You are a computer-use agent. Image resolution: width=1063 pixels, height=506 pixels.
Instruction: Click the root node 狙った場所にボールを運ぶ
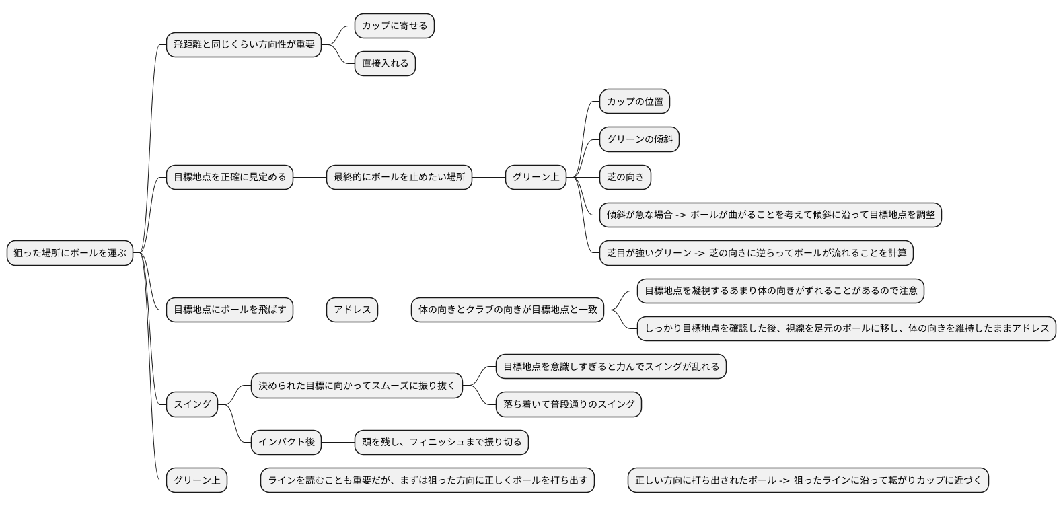(x=70, y=253)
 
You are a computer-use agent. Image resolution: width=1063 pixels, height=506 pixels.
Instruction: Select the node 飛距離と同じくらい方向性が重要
(x=244, y=44)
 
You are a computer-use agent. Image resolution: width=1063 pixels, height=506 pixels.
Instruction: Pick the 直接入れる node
(x=385, y=63)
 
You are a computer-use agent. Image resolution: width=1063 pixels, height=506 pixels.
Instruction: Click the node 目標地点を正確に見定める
(x=229, y=177)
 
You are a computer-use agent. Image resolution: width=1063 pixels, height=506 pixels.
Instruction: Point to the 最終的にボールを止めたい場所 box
(x=399, y=177)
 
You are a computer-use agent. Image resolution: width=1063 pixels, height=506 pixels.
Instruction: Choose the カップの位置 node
(x=634, y=102)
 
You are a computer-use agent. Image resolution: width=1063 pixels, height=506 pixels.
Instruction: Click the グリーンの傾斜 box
(x=639, y=139)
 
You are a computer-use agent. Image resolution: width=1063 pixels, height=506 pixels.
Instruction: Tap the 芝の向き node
(x=625, y=177)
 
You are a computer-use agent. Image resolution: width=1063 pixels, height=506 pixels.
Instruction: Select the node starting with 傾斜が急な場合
(x=770, y=215)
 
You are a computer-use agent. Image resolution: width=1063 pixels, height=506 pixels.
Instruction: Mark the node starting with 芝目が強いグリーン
(x=756, y=253)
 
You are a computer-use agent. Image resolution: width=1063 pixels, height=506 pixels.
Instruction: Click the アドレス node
(x=352, y=310)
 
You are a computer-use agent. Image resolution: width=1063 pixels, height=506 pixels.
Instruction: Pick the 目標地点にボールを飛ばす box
(x=229, y=310)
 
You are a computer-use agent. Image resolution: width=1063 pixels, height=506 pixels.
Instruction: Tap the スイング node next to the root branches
(x=192, y=404)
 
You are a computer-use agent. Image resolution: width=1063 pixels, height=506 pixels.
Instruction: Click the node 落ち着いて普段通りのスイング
(x=569, y=404)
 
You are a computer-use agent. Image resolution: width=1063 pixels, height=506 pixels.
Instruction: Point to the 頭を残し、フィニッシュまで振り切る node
(x=441, y=442)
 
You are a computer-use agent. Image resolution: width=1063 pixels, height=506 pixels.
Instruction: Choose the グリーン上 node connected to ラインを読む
(x=196, y=480)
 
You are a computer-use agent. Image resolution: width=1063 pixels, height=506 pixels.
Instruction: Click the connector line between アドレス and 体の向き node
(x=394, y=310)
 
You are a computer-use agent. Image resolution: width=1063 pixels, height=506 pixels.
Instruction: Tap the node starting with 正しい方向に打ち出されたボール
(x=808, y=480)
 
